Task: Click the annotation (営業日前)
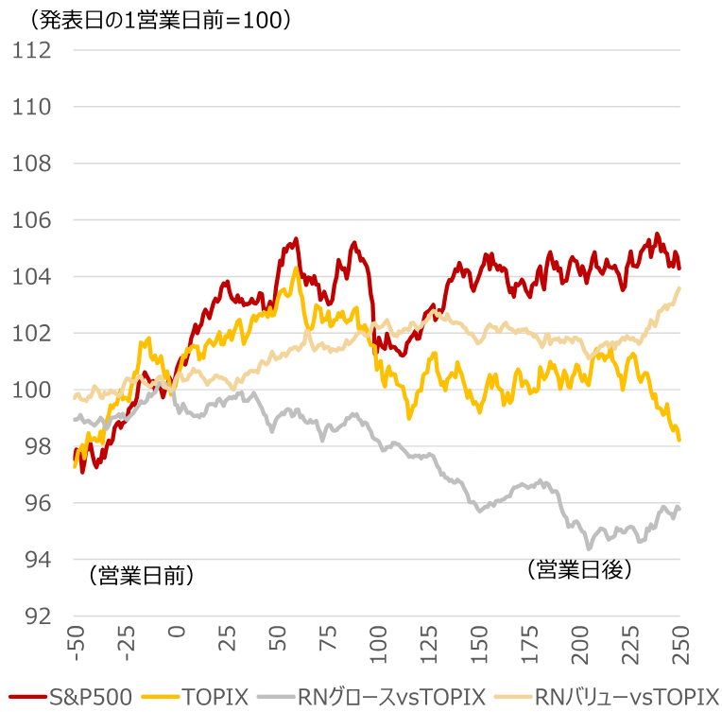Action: [141, 574]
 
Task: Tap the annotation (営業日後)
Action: [577, 569]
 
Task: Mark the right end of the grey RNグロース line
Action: [679, 509]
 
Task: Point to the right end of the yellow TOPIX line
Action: [679, 440]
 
